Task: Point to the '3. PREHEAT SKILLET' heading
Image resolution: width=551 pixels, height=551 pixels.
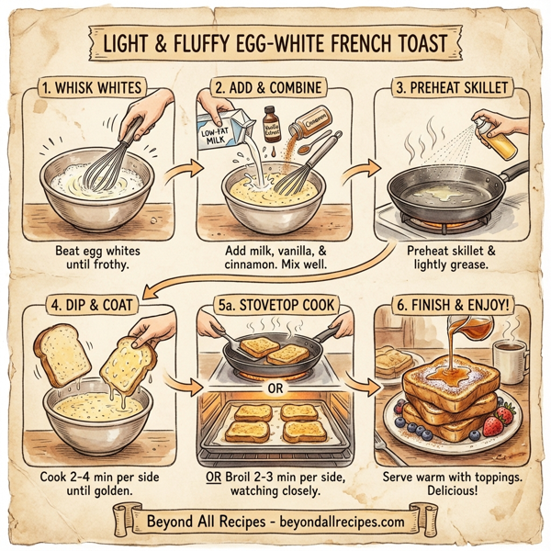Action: point(455,89)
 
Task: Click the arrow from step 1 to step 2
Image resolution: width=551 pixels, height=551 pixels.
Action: point(186,169)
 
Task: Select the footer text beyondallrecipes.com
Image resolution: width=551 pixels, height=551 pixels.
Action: point(336,521)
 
